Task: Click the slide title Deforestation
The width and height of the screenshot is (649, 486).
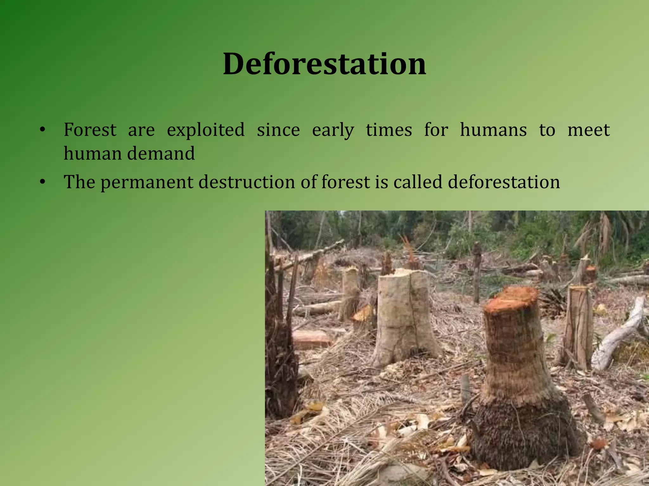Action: [324, 64]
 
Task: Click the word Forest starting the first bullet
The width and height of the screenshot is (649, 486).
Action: [90, 130]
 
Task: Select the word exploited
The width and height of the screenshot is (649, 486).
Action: [206, 130]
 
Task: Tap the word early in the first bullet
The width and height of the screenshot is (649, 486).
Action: [333, 130]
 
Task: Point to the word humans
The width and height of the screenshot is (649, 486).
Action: [493, 130]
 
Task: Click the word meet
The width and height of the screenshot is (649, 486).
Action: [588, 130]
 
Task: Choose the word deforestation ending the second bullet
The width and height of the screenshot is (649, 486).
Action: [504, 182]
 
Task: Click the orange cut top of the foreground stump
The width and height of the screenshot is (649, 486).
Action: [511, 298]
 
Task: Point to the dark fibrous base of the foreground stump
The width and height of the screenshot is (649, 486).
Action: [523, 433]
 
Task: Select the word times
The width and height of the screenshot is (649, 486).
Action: [389, 130]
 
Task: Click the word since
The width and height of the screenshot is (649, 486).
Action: [278, 130]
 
